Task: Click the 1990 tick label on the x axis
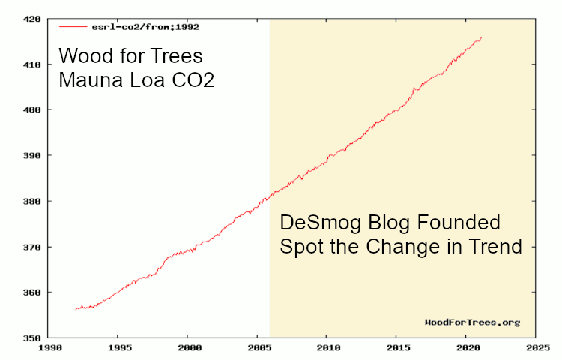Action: tap(49, 348)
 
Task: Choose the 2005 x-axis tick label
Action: tap(258, 348)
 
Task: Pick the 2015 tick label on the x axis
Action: tap(396, 348)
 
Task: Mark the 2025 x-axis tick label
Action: tap(535, 348)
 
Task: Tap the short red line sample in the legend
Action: tap(74, 26)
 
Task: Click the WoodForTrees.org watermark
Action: tap(471, 322)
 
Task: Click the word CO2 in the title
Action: tap(190, 80)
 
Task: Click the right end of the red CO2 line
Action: tap(481, 37)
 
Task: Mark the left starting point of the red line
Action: tap(76, 309)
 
